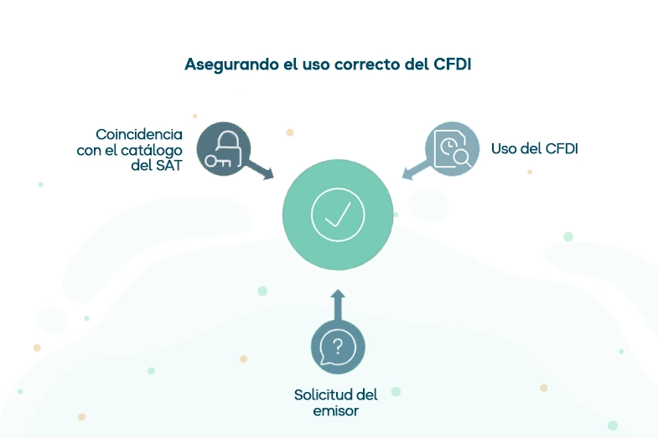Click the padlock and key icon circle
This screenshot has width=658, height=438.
click(x=224, y=149)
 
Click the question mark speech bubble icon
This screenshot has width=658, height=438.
click(x=338, y=347)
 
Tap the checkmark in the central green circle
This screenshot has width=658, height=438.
click(x=337, y=214)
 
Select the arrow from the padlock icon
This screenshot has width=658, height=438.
click(x=262, y=170)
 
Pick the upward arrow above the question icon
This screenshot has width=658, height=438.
click(x=338, y=305)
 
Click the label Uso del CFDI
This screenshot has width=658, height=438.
click(x=534, y=149)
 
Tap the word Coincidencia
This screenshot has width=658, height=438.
click(x=138, y=134)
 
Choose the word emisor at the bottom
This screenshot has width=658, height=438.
click(x=335, y=410)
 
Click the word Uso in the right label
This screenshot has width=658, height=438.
click(x=503, y=149)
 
